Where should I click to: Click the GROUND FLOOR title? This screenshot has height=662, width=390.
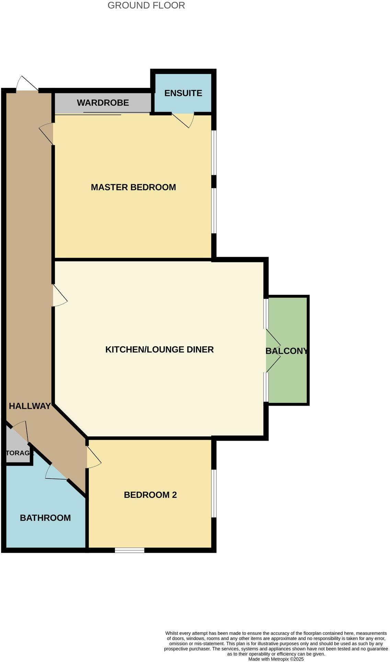point(146,5)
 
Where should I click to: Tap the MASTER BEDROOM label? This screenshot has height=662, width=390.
point(133,187)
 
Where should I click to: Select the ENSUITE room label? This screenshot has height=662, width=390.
point(183,93)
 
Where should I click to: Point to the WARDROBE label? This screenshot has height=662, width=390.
point(103,102)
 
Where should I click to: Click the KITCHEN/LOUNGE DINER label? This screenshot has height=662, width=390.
point(159,349)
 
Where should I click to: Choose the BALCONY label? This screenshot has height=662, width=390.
point(286,351)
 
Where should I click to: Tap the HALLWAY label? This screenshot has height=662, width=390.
point(30,406)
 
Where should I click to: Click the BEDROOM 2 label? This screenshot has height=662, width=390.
point(150,495)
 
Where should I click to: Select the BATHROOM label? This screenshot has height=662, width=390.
point(45,518)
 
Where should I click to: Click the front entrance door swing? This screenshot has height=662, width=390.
point(27,84)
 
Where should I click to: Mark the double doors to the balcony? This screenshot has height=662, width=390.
point(273,351)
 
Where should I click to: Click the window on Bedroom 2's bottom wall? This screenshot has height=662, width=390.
point(129,550)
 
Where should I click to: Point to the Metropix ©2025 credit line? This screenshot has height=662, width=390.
point(276,659)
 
